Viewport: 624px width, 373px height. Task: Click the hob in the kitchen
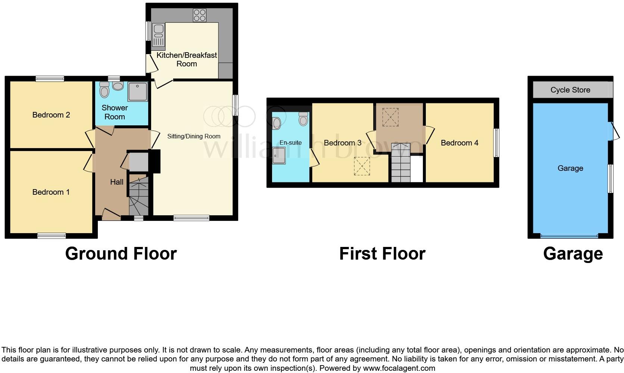pyautogui.click(x=200, y=15)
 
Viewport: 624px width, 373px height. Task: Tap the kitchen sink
pyautogui.click(x=159, y=37)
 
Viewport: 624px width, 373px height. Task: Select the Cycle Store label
pyautogui.click(x=570, y=90)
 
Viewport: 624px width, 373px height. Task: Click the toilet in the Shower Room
pyautogui.click(x=104, y=90)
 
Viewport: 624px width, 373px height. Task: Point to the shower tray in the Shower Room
pyautogui.click(x=138, y=91)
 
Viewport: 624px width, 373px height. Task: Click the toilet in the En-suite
pyautogui.click(x=303, y=119)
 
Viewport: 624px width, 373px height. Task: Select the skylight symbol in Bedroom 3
pyautogui.click(x=361, y=166)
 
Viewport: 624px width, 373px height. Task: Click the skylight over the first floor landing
pyautogui.click(x=390, y=117)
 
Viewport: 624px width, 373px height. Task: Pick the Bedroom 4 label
pyautogui.click(x=459, y=143)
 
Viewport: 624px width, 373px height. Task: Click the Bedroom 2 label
pyautogui.click(x=51, y=115)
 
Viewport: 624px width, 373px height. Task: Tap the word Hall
pyautogui.click(x=116, y=182)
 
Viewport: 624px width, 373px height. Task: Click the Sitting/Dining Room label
pyautogui.click(x=194, y=137)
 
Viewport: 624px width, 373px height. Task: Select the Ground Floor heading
pyautogui.click(x=121, y=254)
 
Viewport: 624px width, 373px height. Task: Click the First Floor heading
pyautogui.click(x=382, y=254)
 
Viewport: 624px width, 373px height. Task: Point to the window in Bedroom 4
pyautogui.click(x=496, y=143)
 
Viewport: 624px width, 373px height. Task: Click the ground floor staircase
pyautogui.click(x=138, y=196)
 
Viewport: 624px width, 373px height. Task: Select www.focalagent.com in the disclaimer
pyautogui.click(x=399, y=368)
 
